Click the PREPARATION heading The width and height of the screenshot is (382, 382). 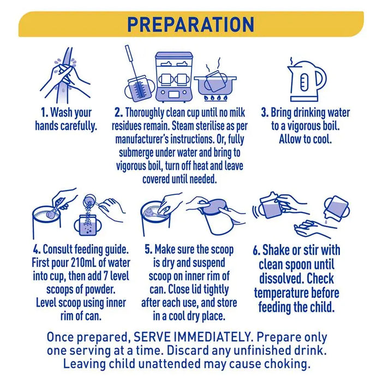pos(191,25)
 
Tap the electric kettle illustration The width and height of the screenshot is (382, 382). pos(307,80)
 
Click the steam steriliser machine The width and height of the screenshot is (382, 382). pos(174,77)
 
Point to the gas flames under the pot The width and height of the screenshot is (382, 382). pos(216,98)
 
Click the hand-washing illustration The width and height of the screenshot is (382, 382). pos(65,75)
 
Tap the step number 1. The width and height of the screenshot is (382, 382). pos(45,113)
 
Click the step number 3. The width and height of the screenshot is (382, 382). pos(265,113)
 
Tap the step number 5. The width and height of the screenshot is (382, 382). pos(148,249)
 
